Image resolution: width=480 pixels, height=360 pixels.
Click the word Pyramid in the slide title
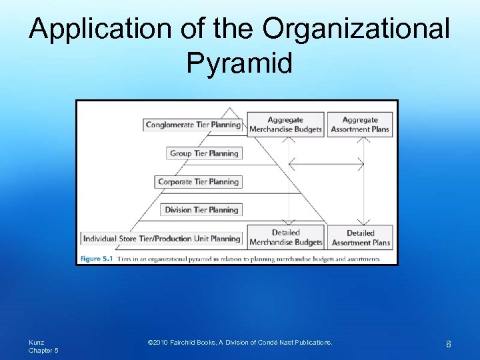[239, 63]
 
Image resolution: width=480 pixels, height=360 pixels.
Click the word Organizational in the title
[356, 29]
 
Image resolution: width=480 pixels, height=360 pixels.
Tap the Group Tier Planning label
[204, 153]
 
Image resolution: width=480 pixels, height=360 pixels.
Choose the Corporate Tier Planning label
[198, 181]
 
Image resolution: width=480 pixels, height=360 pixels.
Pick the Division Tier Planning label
[201, 209]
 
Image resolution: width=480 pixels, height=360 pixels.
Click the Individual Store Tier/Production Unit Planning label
[161, 238]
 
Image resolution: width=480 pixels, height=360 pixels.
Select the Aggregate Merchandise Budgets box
[286, 125]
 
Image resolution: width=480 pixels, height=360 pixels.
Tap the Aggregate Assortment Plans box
[360, 125]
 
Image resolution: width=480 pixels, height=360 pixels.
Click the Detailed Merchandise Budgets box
[286, 237]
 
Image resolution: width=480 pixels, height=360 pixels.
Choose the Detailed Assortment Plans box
[360, 237]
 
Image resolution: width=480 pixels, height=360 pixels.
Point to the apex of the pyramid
[230, 107]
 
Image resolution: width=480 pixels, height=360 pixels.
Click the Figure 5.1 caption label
[96, 259]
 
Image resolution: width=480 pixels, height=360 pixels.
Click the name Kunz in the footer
[36, 342]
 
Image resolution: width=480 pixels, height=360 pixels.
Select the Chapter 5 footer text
[43, 351]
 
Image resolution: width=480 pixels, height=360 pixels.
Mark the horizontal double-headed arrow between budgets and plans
[326, 163]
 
